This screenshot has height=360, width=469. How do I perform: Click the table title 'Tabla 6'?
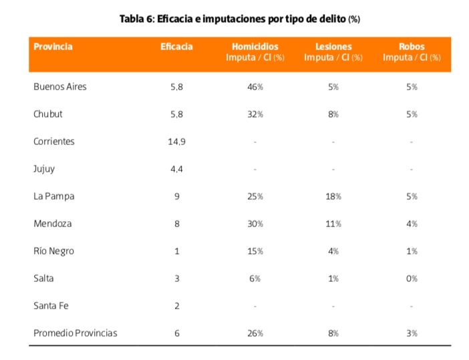point(239,19)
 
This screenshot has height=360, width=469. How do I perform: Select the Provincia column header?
point(53,47)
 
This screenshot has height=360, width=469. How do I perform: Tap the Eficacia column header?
point(176,47)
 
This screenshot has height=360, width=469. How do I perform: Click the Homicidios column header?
point(255,47)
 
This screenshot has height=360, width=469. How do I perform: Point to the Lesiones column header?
point(333,47)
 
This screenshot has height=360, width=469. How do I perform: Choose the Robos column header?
point(412,47)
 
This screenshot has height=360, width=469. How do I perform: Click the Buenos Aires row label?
point(60,87)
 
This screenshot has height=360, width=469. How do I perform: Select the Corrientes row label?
point(54,142)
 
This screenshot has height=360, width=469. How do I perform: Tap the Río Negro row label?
point(53,251)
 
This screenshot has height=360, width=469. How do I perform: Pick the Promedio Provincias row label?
point(75,333)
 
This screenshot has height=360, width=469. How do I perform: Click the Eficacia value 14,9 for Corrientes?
point(176,142)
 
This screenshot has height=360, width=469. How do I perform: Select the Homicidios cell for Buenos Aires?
point(255,87)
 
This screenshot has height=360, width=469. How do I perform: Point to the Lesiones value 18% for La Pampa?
point(333,196)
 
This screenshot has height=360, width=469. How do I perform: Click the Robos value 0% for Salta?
point(412,279)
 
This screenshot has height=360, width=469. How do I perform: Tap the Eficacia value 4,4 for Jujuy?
point(176,169)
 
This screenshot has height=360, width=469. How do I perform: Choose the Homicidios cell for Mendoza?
point(255,224)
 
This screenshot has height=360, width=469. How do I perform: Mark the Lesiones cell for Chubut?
point(333,114)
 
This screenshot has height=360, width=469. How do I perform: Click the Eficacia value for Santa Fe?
point(176,306)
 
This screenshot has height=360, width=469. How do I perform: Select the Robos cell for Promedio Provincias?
point(412,333)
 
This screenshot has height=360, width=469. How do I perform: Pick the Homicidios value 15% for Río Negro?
point(255,251)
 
